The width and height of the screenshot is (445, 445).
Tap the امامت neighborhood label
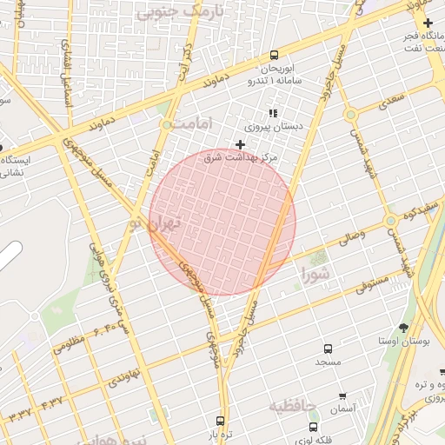[193, 125]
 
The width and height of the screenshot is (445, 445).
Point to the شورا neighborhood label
[315, 276]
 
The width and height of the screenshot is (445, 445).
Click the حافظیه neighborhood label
[291, 406]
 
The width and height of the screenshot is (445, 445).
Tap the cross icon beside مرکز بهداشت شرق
[241, 143]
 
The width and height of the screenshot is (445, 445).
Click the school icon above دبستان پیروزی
[273, 112]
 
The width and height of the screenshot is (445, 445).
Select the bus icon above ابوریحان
[275, 54]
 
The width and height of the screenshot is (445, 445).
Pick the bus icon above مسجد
[328, 348]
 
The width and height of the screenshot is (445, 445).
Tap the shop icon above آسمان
[342, 395]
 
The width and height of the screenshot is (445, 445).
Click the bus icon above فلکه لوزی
[313, 427]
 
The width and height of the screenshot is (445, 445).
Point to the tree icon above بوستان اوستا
[403, 328]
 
